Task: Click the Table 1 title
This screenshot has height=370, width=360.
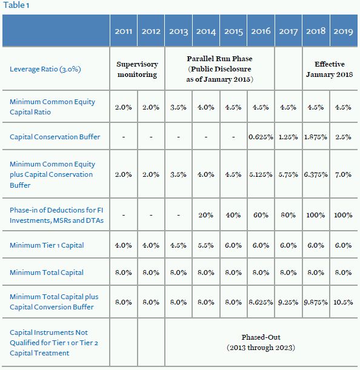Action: coord(16,5)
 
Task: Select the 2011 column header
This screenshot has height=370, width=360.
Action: coord(123,31)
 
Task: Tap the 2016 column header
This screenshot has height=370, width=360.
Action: coord(261,31)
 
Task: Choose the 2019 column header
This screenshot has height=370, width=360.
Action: coord(343,31)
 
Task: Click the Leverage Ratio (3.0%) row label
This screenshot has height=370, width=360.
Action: coord(45,69)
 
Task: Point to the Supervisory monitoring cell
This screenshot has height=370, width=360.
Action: coord(137,69)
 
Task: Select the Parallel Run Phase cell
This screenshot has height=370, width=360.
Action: coord(219,69)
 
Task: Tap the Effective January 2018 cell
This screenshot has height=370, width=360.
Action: coord(330,69)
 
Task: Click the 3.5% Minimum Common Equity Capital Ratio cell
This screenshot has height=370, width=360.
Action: coord(178,107)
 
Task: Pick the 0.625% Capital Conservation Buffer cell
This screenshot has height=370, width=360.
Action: coord(261,137)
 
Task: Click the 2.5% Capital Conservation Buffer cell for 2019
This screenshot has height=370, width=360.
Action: coord(343,137)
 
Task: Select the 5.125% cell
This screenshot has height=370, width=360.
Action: coord(261,174)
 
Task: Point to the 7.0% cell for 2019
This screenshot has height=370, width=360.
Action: coord(343,174)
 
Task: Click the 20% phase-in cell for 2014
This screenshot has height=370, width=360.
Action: coord(205,215)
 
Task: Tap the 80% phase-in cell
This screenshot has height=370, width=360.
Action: coord(288,215)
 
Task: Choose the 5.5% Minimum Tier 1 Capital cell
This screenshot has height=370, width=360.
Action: coord(205,245)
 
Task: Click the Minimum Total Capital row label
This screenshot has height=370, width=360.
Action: coord(47,273)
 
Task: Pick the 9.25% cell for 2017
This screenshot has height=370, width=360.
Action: coord(288,302)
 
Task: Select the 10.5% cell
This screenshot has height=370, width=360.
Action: coord(343,302)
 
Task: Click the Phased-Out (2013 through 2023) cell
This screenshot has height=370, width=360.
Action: coord(261,342)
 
